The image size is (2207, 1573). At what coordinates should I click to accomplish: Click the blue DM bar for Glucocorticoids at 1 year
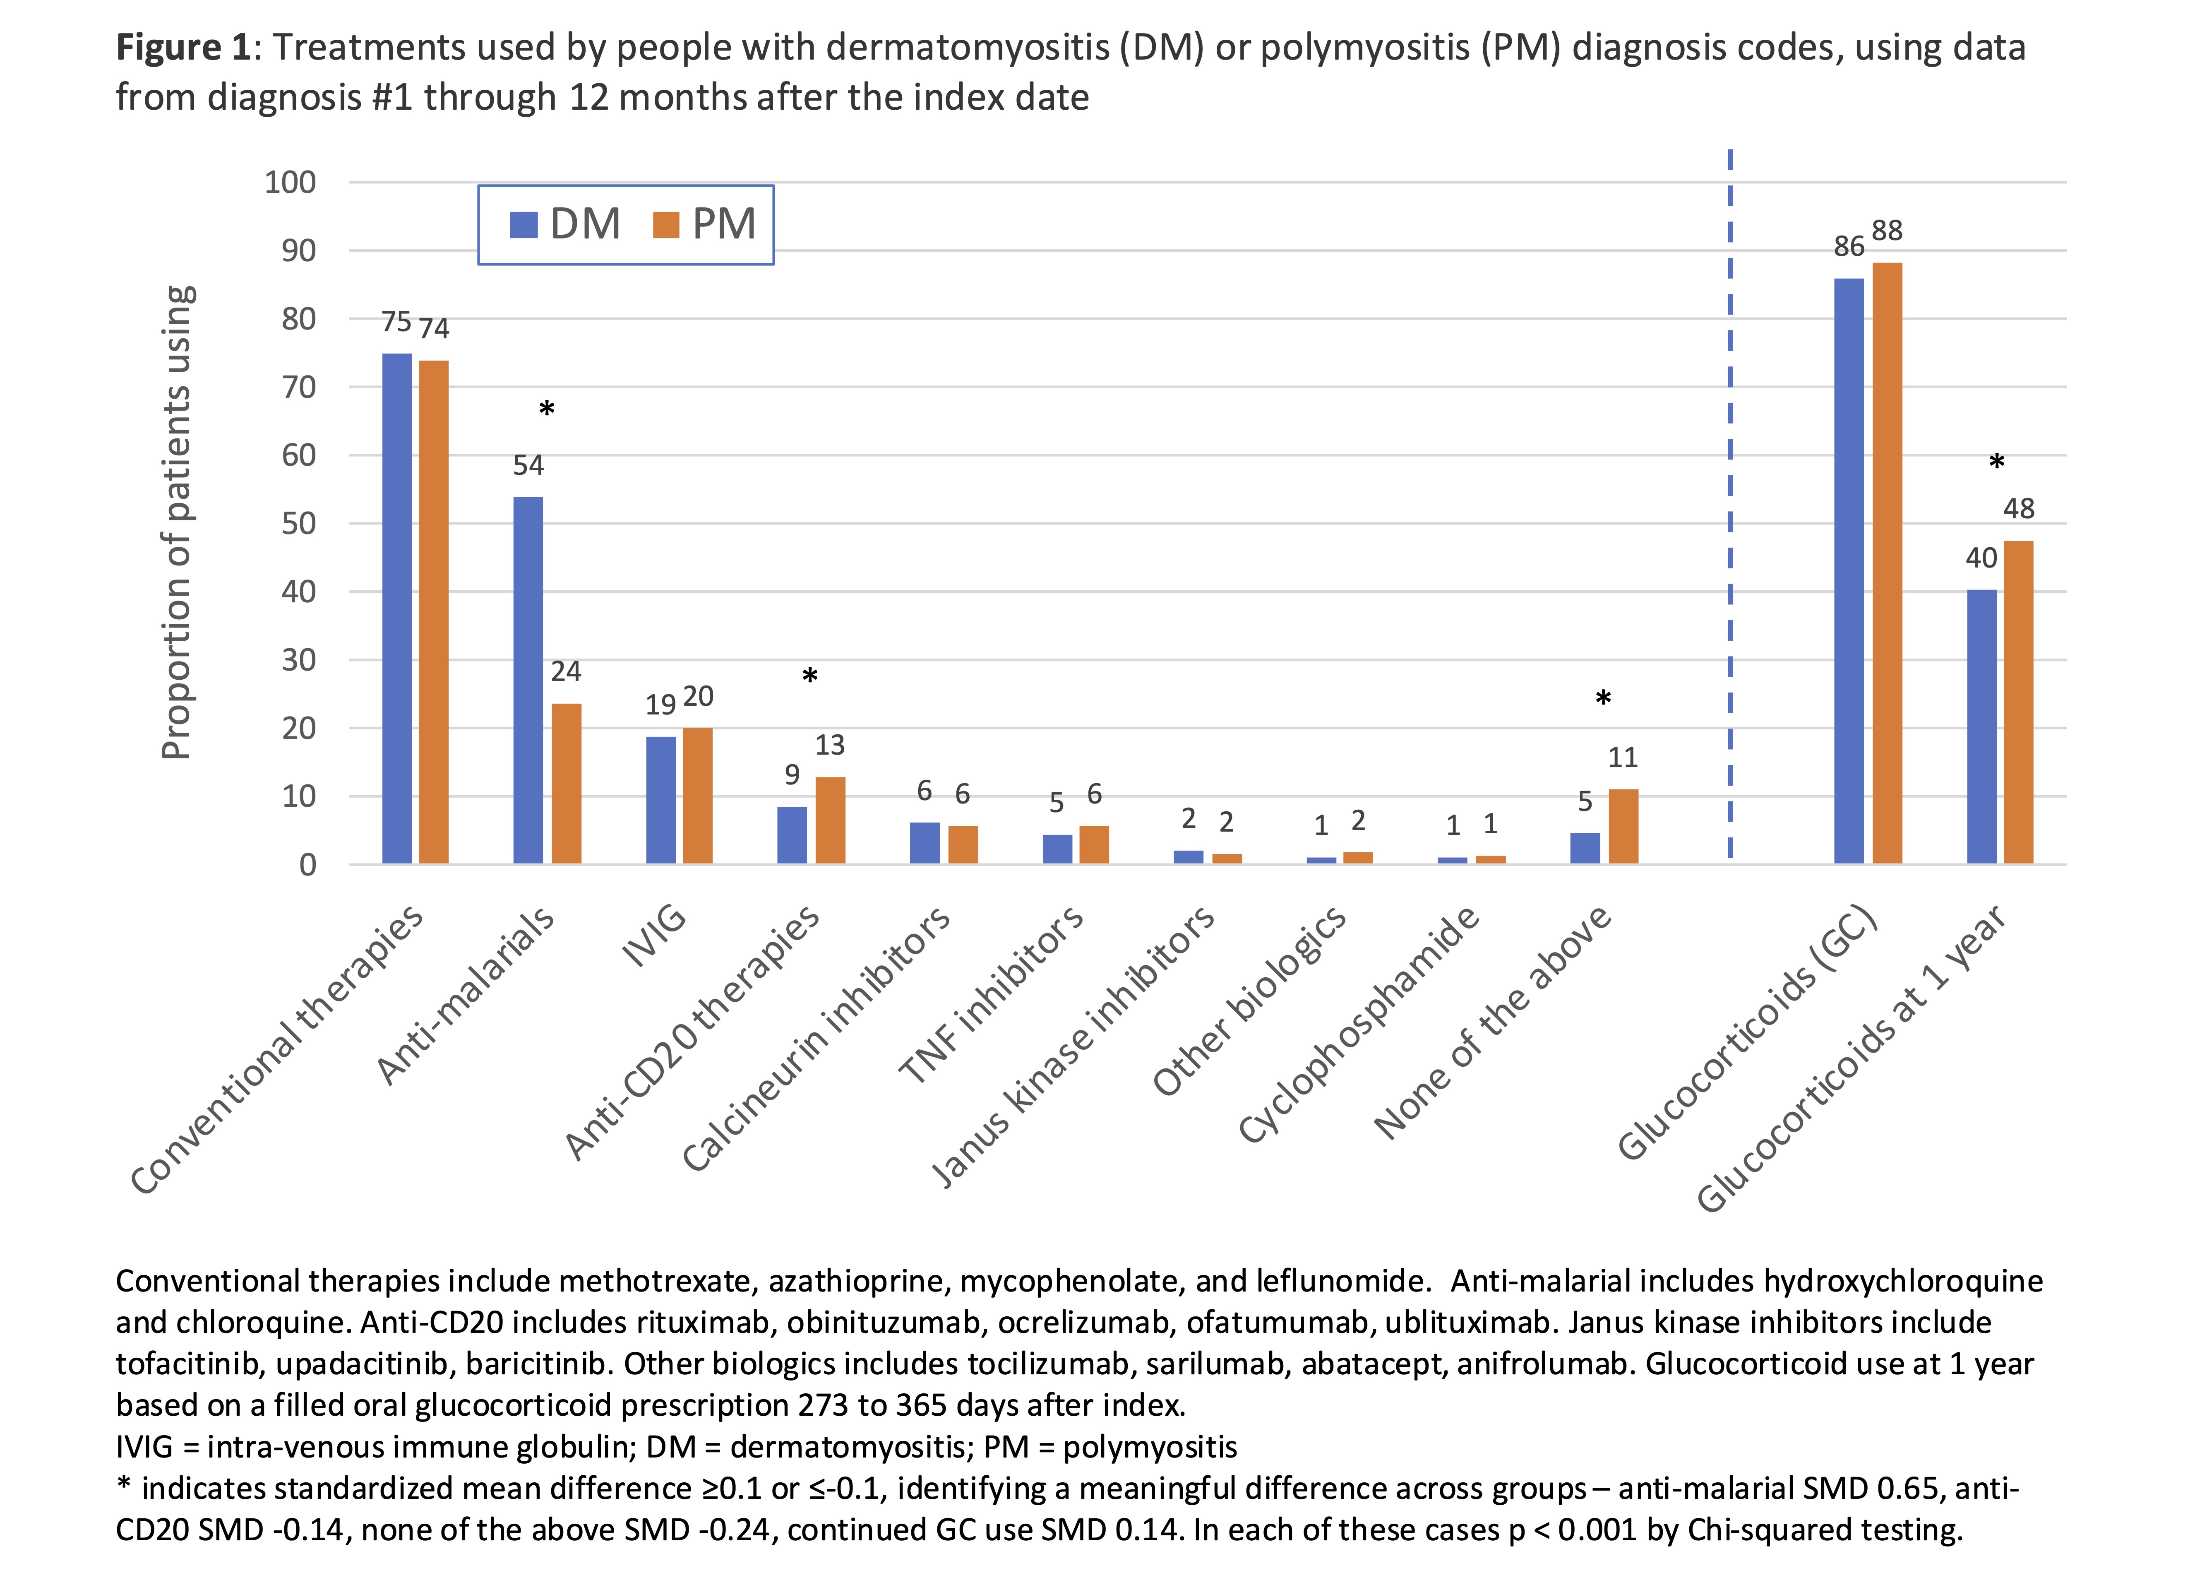pyautogui.click(x=1981, y=726)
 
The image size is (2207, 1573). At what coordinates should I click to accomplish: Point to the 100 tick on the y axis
pyautogui.click(x=291, y=182)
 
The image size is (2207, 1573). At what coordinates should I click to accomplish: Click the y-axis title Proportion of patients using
pyautogui.click(x=177, y=523)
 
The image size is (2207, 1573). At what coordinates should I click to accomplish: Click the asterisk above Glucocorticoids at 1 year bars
pyautogui.click(x=1997, y=463)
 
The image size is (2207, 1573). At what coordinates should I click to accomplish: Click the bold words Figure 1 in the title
pyautogui.click(x=184, y=48)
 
